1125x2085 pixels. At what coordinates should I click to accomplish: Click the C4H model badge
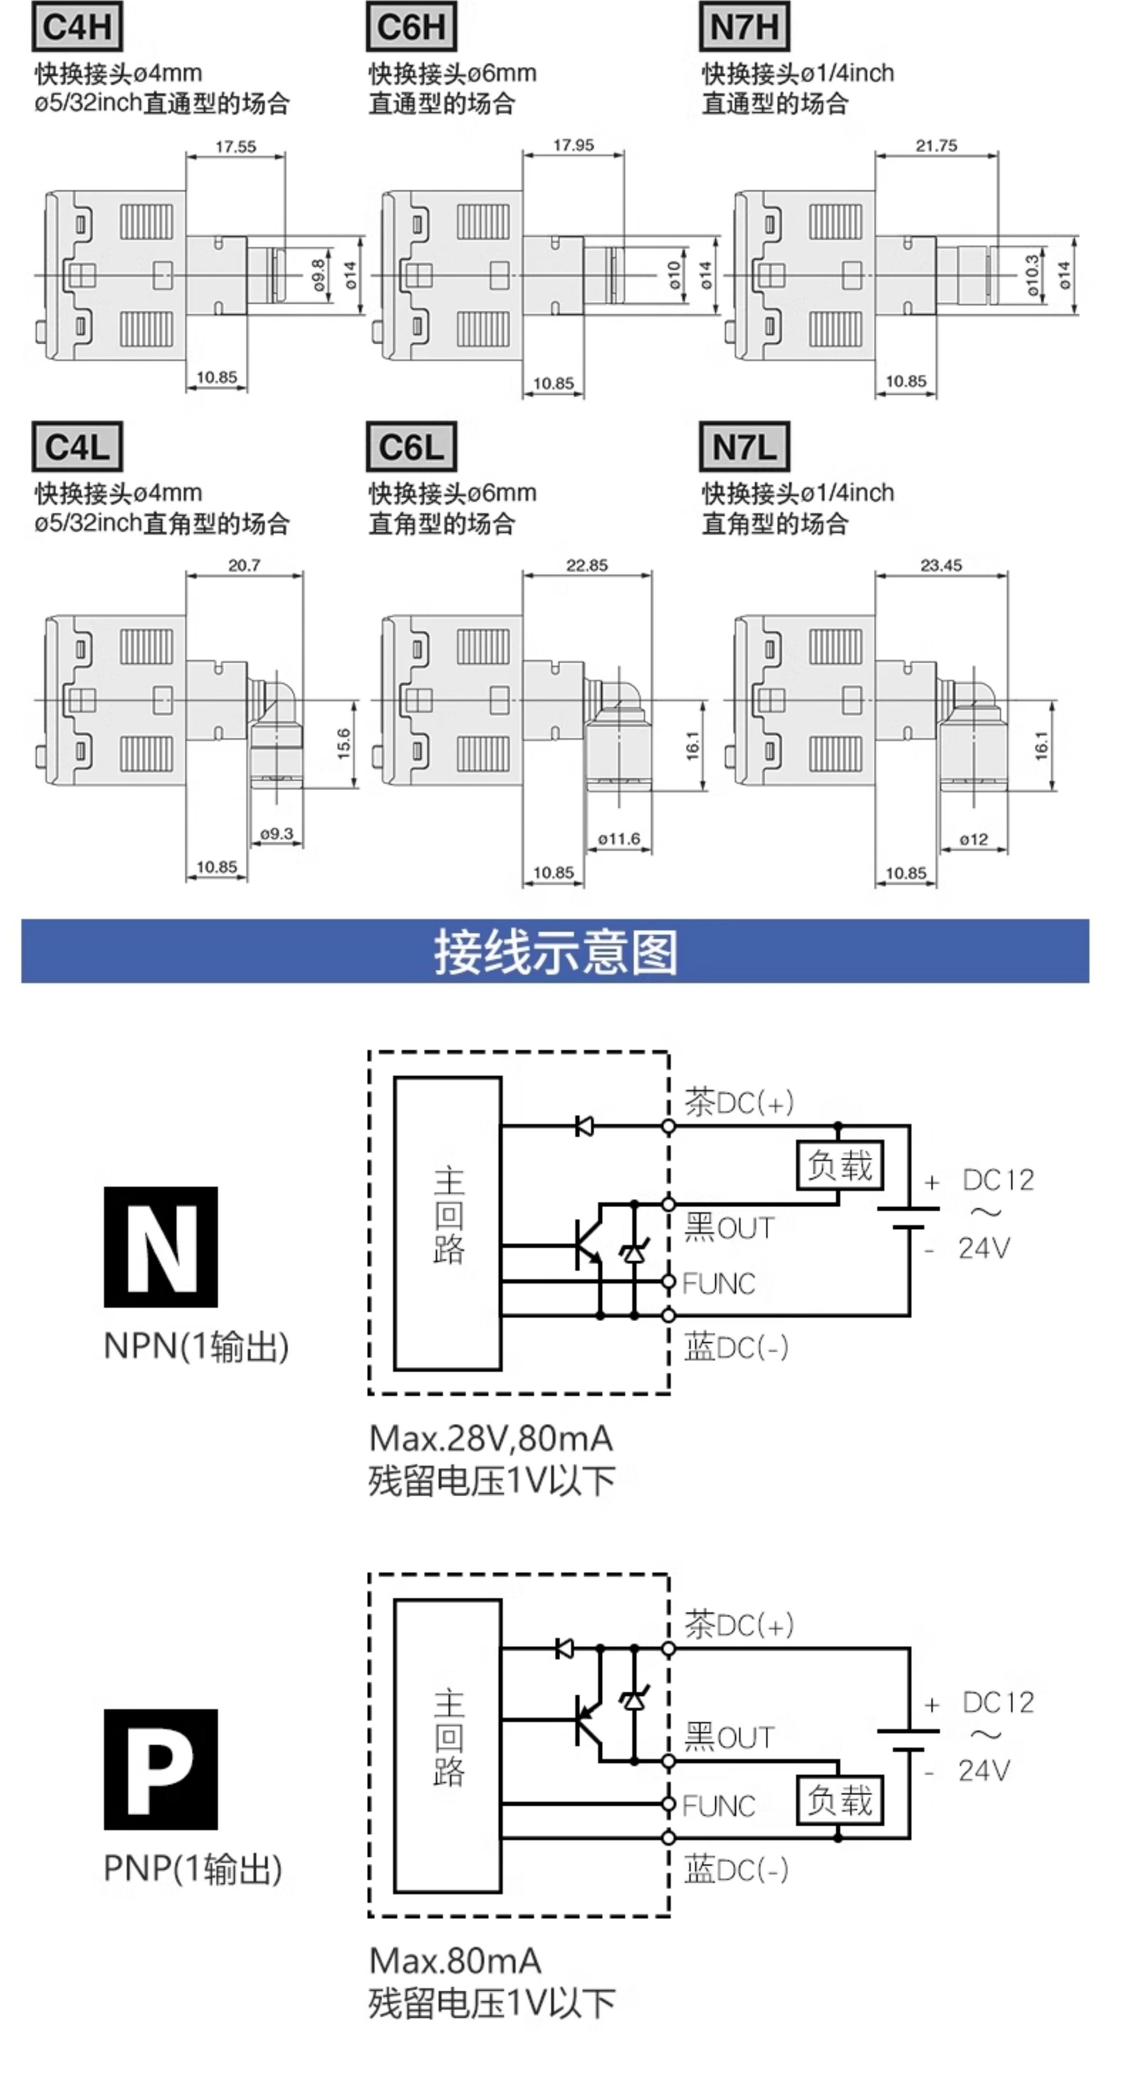(77, 27)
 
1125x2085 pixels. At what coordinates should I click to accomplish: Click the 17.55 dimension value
(235, 147)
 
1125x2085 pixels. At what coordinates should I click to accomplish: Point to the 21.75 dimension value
(936, 146)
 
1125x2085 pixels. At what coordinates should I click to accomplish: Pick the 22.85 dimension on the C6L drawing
(587, 565)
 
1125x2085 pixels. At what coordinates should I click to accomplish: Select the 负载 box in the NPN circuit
(839, 1165)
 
